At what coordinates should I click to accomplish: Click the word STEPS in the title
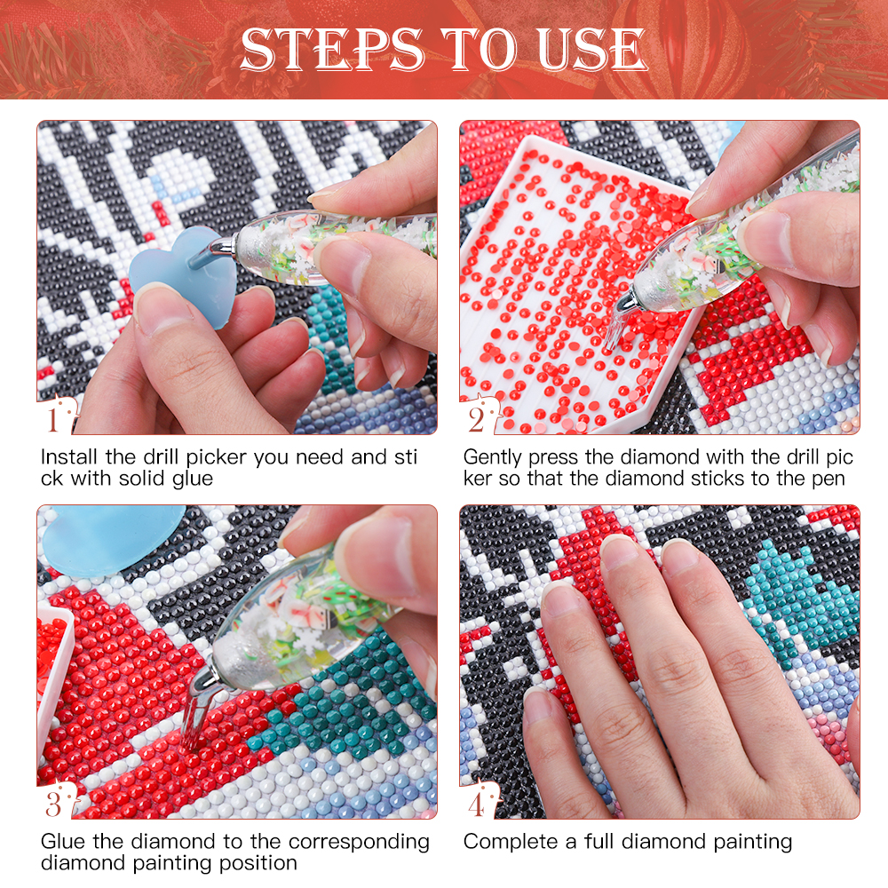(332, 50)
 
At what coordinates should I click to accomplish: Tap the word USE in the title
(591, 50)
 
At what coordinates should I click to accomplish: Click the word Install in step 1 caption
(68, 457)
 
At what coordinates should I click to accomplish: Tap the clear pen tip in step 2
(617, 326)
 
